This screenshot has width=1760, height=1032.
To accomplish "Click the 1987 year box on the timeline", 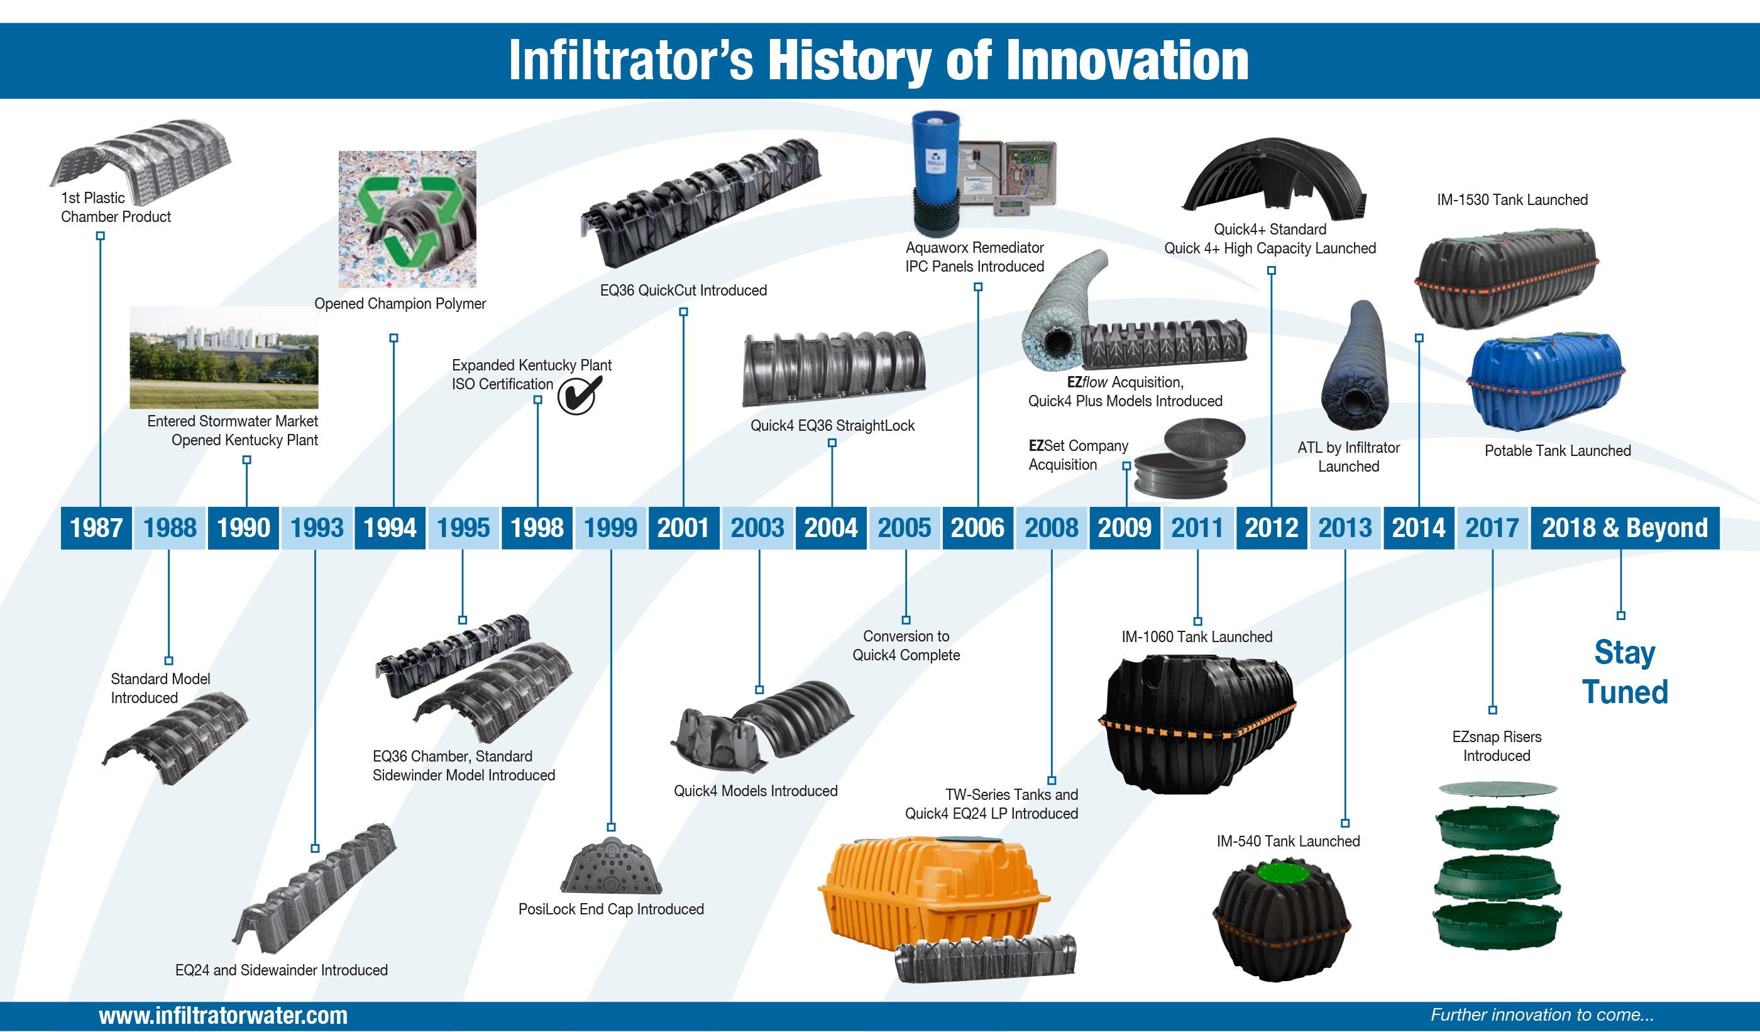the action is click(x=96, y=528).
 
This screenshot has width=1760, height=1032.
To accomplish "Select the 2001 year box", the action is click(x=684, y=528).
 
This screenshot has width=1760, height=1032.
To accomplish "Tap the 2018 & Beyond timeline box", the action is click(x=1624, y=528).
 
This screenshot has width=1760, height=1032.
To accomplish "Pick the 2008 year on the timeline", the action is click(x=1051, y=528).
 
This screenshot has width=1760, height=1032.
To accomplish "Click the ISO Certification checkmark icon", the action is click(x=580, y=395).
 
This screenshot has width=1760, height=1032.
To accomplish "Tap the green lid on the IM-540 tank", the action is click(x=1285, y=875).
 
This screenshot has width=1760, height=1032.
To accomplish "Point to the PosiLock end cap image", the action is click(x=611, y=867).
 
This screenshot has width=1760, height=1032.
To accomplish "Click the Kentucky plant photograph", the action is click(x=224, y=357).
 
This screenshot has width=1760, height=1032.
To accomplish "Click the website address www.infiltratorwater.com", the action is click(x=224, y=1015).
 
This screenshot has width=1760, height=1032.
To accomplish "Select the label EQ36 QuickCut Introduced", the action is click(x=683, y=290).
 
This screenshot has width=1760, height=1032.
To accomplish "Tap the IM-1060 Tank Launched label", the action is click(x=1197, y=636).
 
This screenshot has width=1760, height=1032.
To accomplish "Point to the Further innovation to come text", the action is click(x=1542, y=1014).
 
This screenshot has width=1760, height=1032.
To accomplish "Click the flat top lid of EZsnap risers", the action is click(x=1497, y=789).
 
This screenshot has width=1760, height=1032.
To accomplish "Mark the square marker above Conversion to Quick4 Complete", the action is click(x=906, y=619).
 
